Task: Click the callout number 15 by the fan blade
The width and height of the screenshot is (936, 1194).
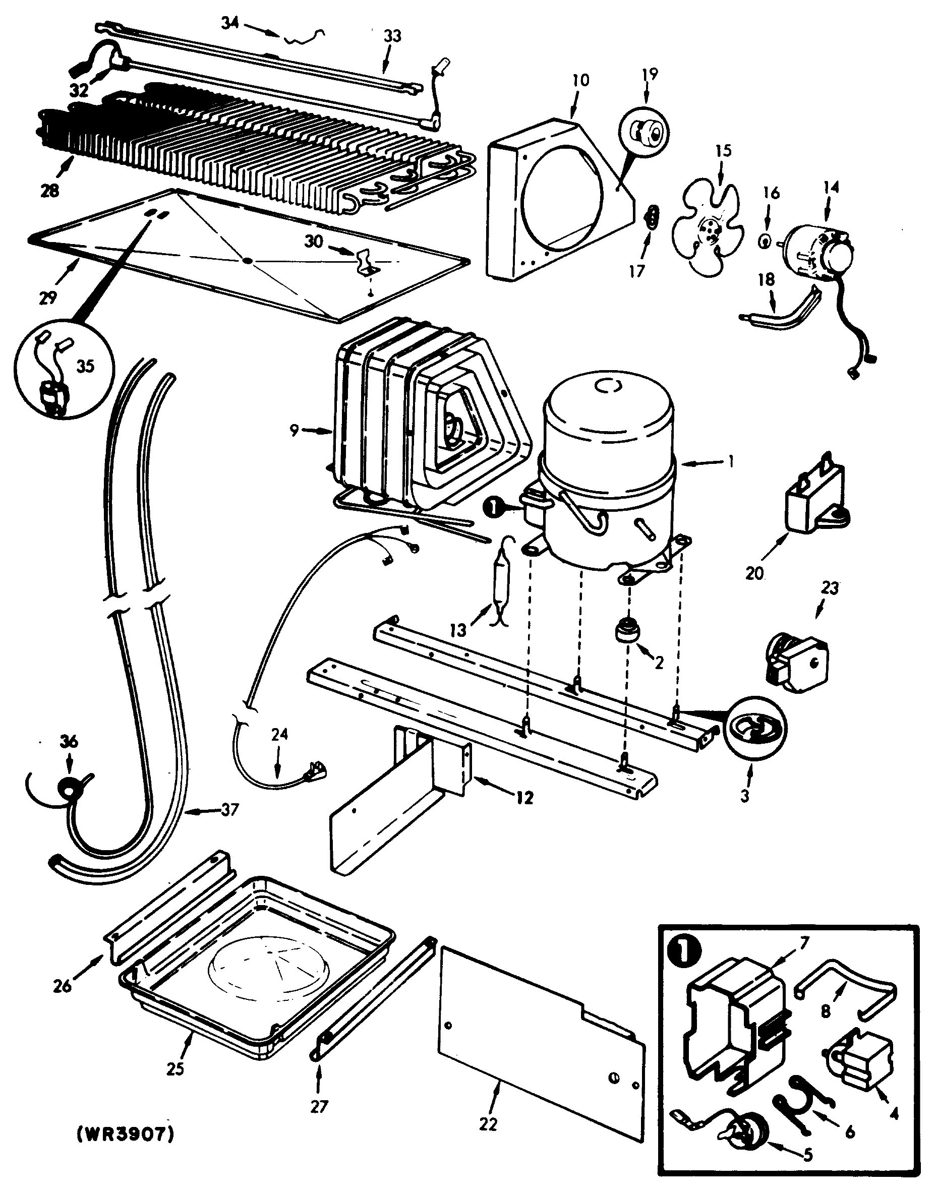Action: [x=724, y=150]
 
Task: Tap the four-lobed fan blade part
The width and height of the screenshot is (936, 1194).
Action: [x=708, y=228]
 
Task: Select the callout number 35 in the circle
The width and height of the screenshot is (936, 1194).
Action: [x=85, y=366]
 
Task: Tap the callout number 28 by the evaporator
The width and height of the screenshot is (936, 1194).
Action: [x=49, y=191]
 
